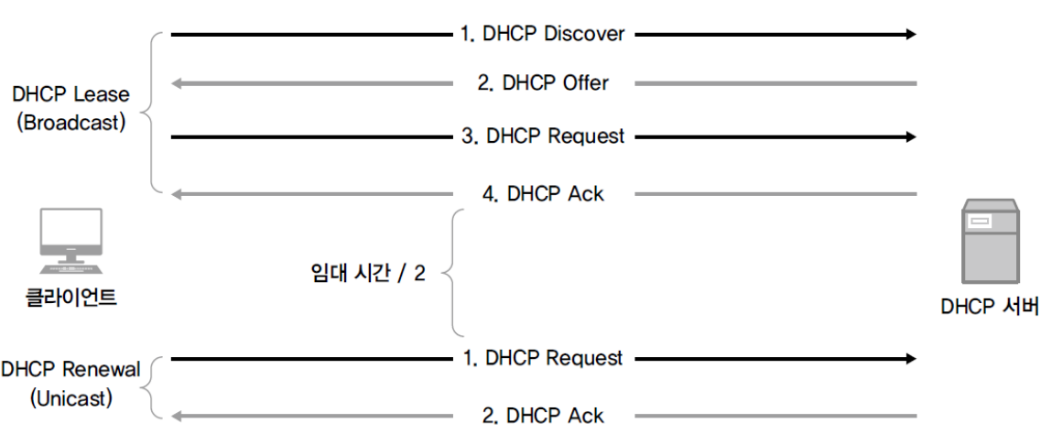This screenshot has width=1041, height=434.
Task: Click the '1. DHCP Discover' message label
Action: pyautogui.click(x=543, y=34)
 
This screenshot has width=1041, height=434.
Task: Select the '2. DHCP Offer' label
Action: pyautogui.click(x=543, y=83)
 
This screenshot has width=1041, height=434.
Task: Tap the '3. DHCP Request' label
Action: pyautogui.click(x=543, y=136)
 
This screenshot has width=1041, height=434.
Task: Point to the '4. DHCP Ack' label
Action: pyautogui.click(x=543, y=194)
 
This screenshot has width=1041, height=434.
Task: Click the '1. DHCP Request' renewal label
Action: pyautogui.click(x=543, y=358)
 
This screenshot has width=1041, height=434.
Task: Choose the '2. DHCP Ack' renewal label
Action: pyautogui.click(x=543, y=416)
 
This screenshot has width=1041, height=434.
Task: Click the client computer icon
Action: pyautogui.click(x=71, y=241)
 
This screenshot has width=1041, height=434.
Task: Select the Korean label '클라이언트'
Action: pyautogui.click(x=71, y=297)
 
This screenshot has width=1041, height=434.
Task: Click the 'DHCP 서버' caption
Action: pyautogui.click(x=989, y=308)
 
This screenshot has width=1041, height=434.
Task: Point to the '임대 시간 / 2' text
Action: pyautogui.click(x=367, y=274)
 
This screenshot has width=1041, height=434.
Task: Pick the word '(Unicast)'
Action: pyautogui.click(x=71, y=399)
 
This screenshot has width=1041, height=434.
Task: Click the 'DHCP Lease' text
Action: pyautogui.click(x=71, y=94)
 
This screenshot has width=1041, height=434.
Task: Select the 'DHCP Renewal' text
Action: pyautogui.click(x=71, y=370)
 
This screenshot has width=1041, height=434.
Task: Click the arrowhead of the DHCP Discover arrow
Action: pyautogui.click(x=911, y=34)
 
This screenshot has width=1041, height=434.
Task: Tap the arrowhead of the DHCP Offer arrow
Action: pyautogui.click(x=178, y=83)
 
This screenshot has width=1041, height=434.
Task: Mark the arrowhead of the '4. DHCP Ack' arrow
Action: pyautogui.click(x=178, y=194)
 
